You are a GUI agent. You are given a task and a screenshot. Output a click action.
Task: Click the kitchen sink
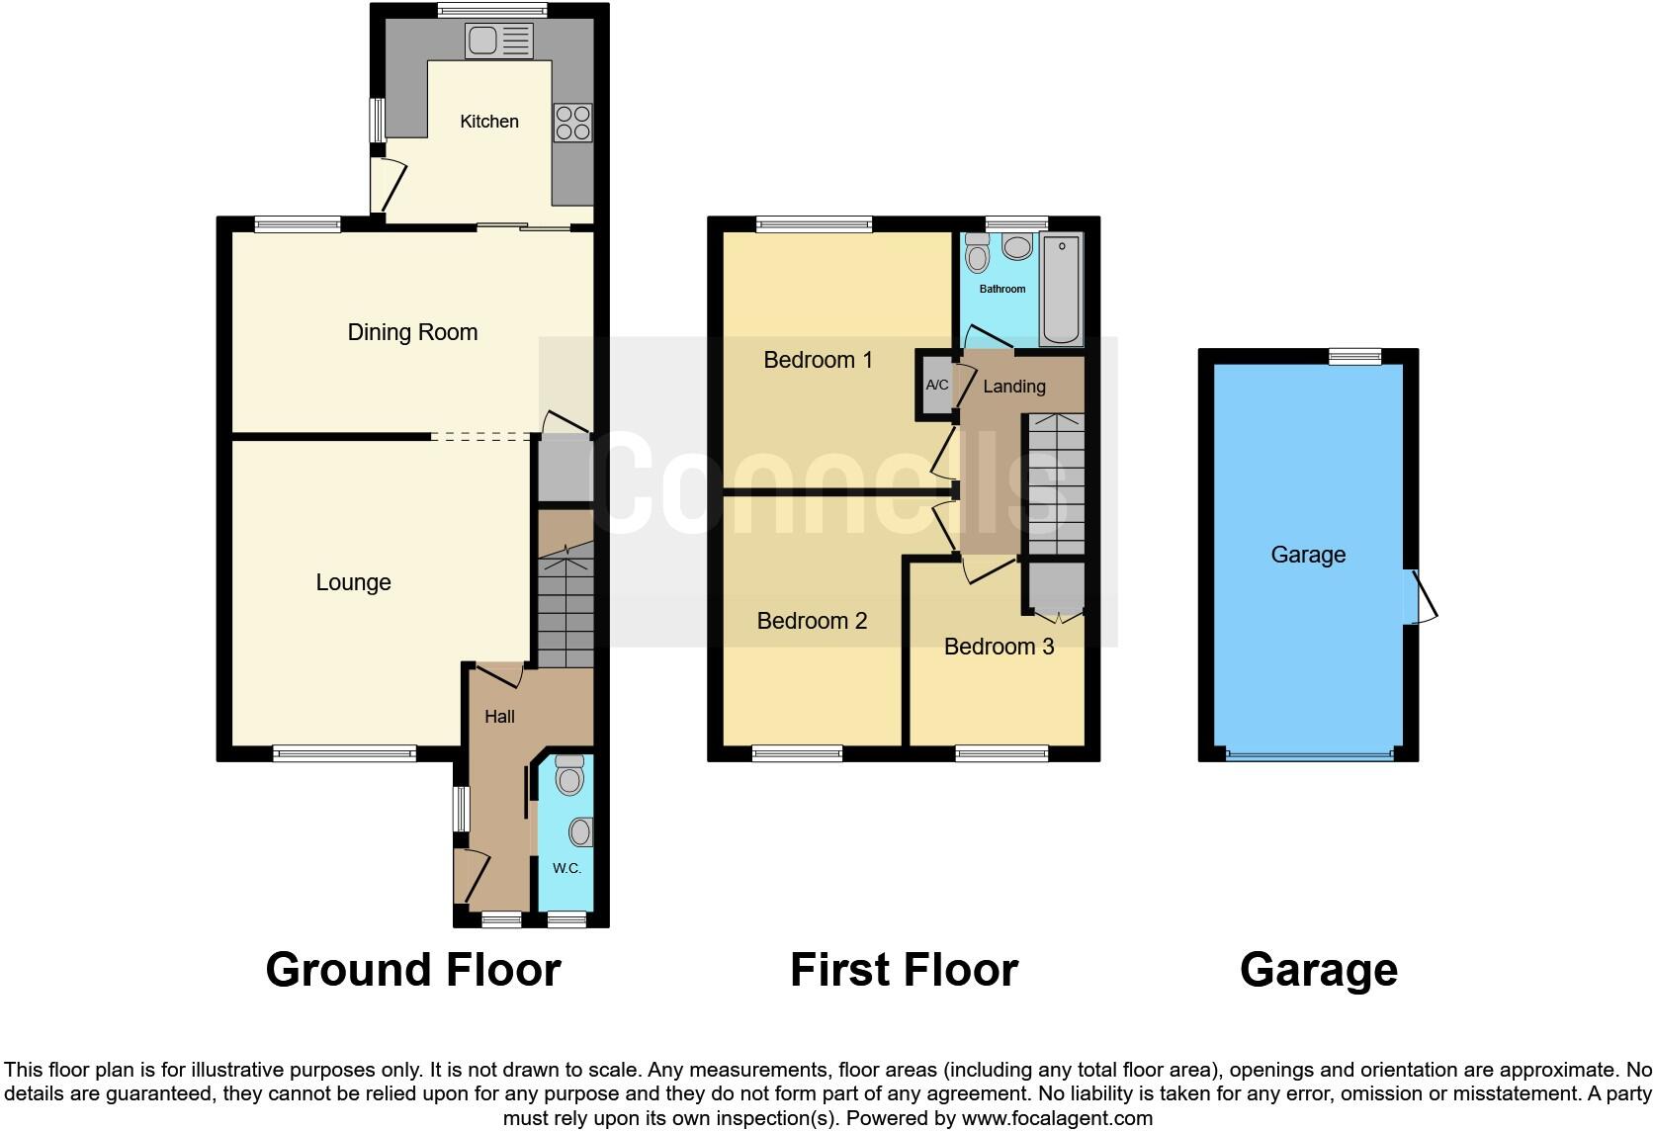(499, 41)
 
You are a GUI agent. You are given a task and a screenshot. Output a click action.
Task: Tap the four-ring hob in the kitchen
(572, 123)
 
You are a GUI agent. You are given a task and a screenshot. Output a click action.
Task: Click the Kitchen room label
(489, 122)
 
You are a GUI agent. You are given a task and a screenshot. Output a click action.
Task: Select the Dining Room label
(412, 332)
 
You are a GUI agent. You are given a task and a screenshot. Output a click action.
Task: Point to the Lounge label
(353, 582)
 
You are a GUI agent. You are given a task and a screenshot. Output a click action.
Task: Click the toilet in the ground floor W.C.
(569, 775)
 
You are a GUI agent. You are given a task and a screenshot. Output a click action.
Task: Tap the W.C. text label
(566, 868)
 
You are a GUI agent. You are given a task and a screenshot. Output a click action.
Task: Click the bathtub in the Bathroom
(1062, 289)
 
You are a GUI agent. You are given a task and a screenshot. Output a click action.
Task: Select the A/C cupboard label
(936, 385)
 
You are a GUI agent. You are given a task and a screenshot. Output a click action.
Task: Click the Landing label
(1014, 387)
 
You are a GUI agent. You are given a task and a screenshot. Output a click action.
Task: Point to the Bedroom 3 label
(999, 647)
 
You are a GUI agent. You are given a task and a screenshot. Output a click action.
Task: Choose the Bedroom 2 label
(812, 621)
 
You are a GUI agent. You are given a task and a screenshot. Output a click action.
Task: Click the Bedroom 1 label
(818, 360)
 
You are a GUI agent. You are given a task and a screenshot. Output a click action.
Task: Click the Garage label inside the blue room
(1308, 555)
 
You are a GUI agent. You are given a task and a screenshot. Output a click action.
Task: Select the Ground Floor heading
(413, 970)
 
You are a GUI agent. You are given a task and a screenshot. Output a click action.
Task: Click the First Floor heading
(904, 970)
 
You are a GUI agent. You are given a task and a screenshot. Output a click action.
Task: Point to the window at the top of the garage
(1354, 356)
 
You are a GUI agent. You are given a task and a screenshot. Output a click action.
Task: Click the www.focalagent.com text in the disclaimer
(1056, 1118)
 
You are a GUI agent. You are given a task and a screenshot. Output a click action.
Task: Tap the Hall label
(499, 717)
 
